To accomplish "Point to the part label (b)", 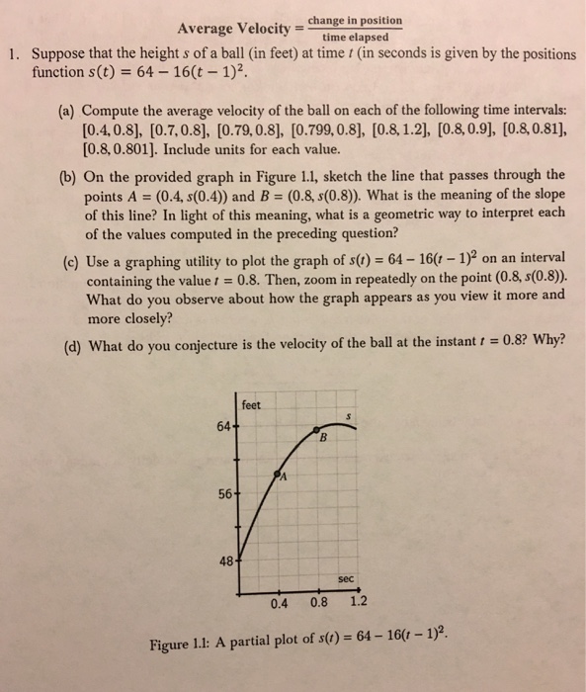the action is coord(66,175).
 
